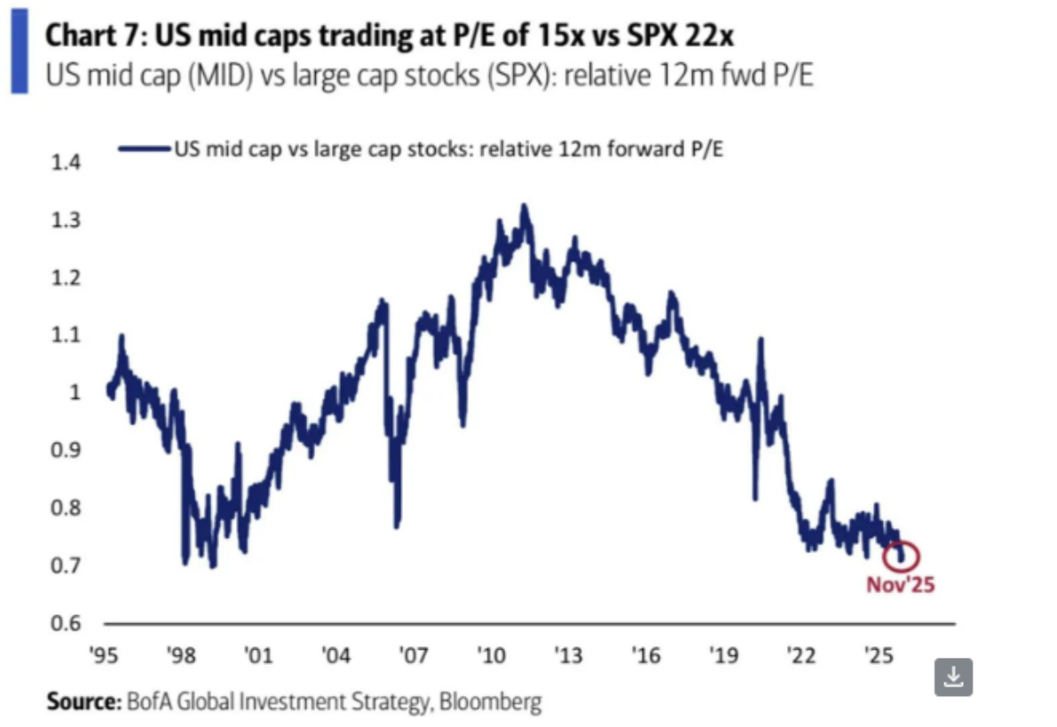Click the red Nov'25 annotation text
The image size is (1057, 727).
(x=901, y=585)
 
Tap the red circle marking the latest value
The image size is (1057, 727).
(x=903, y=557)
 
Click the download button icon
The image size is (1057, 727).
(x=953, y=677)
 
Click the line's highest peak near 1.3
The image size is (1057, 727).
(x=525, y=207)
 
